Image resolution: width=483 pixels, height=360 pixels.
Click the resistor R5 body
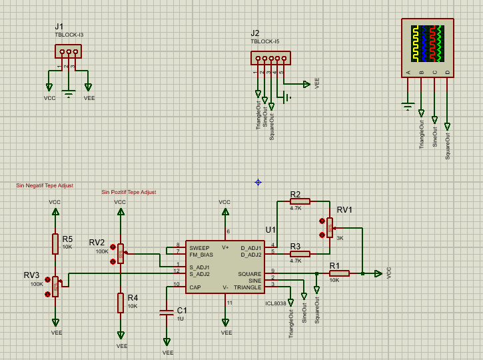tap(55, 244)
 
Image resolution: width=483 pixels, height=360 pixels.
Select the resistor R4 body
tap(121, 303)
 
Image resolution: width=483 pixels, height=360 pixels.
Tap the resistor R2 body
tap(300, 201)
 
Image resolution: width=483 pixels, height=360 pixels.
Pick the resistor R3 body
tap(300, 254)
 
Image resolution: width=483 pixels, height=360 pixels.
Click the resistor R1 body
tap(339, 273)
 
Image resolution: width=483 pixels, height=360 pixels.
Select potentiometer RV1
tap(329, 227)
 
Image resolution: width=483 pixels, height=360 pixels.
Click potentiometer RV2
tap(121, 253)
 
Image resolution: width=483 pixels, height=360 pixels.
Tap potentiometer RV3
tap(55, 287)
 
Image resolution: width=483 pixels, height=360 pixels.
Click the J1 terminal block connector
tap(68, 52)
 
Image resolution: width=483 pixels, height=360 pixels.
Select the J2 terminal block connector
tap(270, 59)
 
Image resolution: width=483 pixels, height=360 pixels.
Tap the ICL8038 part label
tap(275, 303)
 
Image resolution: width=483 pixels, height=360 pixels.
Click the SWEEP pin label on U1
tap(199, 247)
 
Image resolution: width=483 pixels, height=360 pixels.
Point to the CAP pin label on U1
tap(195, 287)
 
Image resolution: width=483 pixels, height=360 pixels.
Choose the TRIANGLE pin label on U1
tap(247, 287)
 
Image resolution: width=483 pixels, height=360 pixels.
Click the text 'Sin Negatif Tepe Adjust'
tap(45, 186)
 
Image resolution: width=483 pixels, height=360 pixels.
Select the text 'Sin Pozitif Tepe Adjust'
tap(129, 192)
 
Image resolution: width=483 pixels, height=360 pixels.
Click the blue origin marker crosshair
tap(258, 182)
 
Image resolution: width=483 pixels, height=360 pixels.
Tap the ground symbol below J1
tap(68, 93)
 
